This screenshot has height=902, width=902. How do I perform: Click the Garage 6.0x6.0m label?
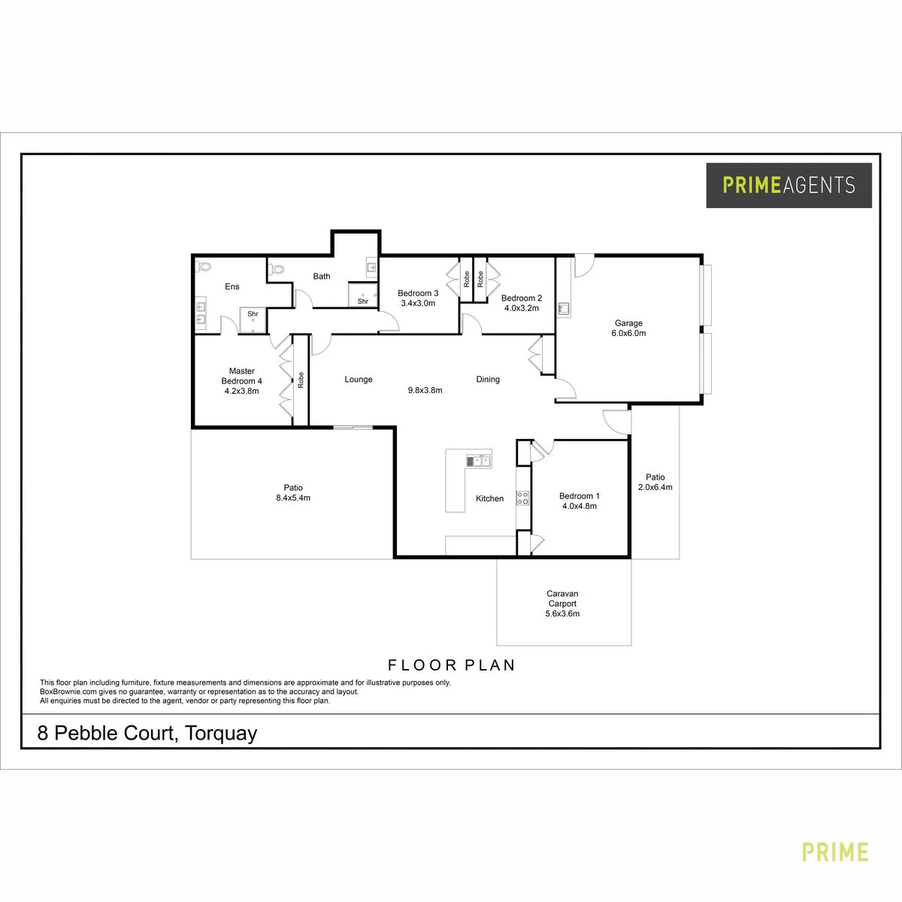click(x=628, y=328)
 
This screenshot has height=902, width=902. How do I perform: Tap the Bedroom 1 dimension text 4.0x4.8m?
click(x=580, y=506)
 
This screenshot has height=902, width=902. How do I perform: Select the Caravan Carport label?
click(x=562, y=598)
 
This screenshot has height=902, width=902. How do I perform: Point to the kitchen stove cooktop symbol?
click(x=523, y=498)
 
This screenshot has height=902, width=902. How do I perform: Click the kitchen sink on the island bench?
click(x=479, y=462)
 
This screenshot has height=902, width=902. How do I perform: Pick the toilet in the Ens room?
click(x=204, y=266)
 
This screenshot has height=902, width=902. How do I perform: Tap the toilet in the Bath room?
click(x=277, y=269)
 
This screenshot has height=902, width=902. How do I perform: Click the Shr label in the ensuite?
click(x=253, y=314)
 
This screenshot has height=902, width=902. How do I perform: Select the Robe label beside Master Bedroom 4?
click(x=301, y=380)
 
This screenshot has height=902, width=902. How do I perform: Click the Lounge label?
click(x=359, y=379)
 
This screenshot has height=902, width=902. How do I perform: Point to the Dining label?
click(x=488, y=379)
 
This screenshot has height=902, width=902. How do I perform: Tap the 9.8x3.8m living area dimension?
click(x=425, y=390)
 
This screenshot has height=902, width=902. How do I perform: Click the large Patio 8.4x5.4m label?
click(x=293, y=493)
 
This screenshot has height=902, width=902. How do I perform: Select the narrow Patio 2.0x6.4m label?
click(x=655, y=482)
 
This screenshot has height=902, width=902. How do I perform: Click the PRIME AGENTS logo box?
click(x=788, y=186)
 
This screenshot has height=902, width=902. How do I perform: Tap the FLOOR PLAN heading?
click(x=452, y=665)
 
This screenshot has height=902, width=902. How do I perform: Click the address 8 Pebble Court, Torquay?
click(x=147, y=734)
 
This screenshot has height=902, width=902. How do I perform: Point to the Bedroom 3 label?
click(x=418, y=293)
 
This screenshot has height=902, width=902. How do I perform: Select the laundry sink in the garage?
click(x=564, y=308)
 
